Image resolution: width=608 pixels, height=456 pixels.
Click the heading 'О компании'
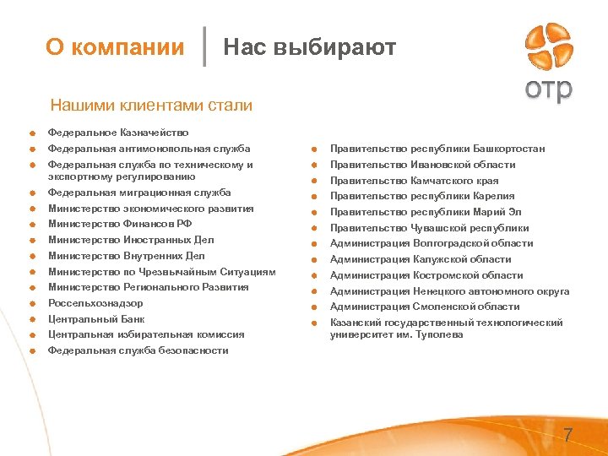tap(115, 47)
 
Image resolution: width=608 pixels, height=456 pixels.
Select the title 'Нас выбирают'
tap(309, 47)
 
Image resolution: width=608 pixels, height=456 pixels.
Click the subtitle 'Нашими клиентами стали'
tap(151, 106)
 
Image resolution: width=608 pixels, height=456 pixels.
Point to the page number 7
tap(568, 435)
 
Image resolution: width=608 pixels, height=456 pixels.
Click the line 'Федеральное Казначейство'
tap(118, 133)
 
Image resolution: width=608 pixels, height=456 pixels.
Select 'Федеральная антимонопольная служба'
tap(149, 149)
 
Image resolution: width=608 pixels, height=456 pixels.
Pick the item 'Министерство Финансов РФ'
tap(120, 224)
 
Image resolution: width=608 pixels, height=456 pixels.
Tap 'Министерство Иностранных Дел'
tap(131, 240)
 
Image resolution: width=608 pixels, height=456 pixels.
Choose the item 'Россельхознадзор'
tap(95, 303)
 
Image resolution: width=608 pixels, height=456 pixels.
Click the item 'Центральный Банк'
tap(96, 319)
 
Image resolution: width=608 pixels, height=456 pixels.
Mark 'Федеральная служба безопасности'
tap(138, 350)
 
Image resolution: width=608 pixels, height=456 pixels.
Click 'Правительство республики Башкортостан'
tap(437, 149)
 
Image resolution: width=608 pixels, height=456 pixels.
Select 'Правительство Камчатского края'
tap(414, 181)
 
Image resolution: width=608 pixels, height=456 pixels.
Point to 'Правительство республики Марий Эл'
tap(426, 212)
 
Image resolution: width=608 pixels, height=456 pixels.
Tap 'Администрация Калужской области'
tap(421, 259)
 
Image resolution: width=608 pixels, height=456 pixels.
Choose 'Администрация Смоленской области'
tap(425, 307)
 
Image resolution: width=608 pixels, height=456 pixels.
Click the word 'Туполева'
tap(438, 334)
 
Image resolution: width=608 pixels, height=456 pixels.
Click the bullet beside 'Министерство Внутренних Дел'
tap(30, 256)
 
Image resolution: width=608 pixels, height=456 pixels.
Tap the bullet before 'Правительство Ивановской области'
tap(312, 165)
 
